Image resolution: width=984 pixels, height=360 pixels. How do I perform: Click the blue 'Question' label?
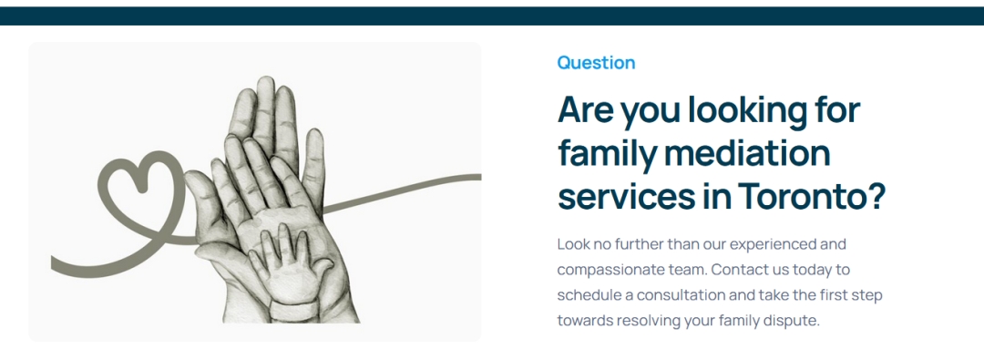(x=596, y=63)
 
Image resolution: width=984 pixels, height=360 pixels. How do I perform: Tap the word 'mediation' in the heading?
(x=747, y=153)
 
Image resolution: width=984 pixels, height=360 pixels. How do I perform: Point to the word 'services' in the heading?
(x=620, y=197)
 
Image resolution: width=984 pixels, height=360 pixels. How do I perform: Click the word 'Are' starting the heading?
(x=586, y=110)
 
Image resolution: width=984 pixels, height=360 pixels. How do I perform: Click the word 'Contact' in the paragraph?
(x=739, y=270)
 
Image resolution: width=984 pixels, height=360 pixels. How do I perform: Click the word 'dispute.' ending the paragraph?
(x=794, y=321)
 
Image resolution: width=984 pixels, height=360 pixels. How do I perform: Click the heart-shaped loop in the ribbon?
(x=137, y=187)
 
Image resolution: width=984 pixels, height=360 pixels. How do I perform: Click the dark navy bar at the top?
(x=492, y=15)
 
